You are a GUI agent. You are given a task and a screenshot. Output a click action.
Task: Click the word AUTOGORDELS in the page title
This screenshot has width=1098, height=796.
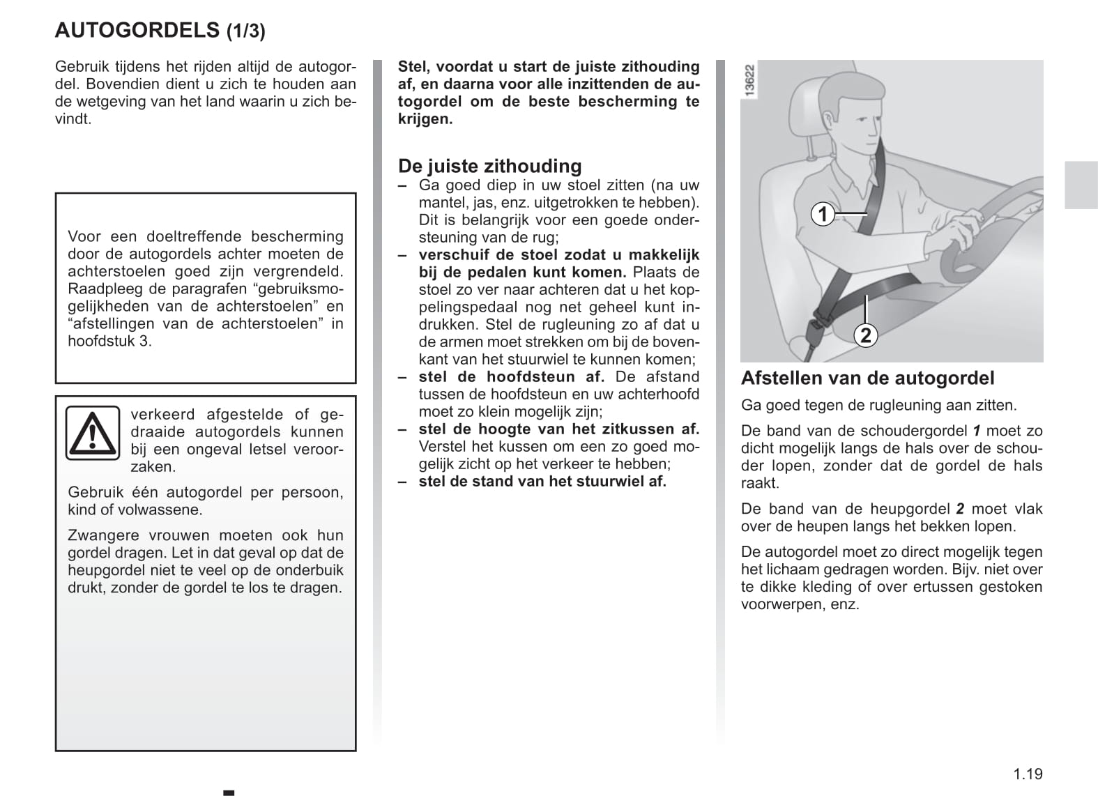click(x=137, y=31)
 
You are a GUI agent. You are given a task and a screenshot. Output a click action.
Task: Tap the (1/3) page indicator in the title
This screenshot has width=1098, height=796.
click(x=246, y=31)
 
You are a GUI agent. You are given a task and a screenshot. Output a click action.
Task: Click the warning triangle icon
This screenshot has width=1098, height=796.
click(x=92, y=433)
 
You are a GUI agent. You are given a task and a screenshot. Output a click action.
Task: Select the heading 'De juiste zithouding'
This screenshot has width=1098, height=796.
click(x=489, y=166)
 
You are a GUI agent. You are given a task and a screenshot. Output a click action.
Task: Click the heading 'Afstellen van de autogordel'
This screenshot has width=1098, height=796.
click(x=867, y=378)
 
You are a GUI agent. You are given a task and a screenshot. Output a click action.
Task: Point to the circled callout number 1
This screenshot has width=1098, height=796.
click(x=823, y=214)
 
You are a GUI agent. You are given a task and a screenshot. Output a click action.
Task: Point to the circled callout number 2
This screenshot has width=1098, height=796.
click(x=865, y=335)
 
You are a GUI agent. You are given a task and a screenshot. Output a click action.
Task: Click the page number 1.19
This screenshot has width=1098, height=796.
click(x=1028, y=774)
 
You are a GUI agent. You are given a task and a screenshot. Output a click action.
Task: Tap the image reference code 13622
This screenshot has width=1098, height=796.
click(x=749, y=80)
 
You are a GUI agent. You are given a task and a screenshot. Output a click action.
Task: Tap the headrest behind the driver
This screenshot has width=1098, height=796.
click(x=802, y=118)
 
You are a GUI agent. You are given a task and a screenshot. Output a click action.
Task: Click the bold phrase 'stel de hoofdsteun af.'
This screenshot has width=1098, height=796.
click(x=511, y=377)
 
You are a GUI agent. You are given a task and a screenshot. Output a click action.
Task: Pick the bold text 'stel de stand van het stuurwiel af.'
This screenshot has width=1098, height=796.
click(x=542, y=482)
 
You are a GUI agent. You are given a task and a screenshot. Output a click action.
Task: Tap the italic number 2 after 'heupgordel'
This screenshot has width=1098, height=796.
click(x=960, y=509)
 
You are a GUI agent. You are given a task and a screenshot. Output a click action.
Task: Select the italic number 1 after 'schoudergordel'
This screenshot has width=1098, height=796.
click(x=977, y=431)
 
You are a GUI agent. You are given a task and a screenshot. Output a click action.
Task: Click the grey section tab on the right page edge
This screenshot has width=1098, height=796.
click(x=1081, y=185)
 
